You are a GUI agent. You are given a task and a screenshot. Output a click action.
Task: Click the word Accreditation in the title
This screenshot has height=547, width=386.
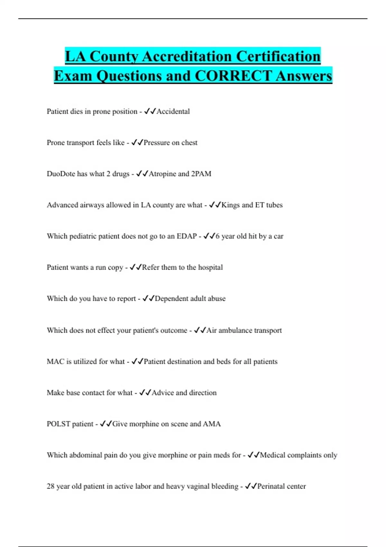[186, 56]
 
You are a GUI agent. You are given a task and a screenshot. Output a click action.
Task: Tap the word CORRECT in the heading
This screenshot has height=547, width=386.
[233, 76]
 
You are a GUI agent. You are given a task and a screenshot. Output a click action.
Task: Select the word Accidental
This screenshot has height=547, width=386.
[173, 111]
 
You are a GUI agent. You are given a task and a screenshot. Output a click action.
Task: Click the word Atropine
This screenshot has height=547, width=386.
[162, 174]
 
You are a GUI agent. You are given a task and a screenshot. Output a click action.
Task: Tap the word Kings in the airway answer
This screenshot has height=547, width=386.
[230, 205]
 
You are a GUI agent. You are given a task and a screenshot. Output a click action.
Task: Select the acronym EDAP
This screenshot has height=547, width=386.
[187, 236]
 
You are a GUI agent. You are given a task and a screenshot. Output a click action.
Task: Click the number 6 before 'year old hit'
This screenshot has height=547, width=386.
[217, 236]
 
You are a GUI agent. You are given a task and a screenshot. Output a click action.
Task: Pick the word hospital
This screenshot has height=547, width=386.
[210, 267]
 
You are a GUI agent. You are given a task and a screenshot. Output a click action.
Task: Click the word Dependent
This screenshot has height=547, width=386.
[171, 299]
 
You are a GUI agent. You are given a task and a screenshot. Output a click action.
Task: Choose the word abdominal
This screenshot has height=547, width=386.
[85, 455]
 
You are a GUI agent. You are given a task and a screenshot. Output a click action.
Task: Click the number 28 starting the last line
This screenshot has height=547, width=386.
[51, 487]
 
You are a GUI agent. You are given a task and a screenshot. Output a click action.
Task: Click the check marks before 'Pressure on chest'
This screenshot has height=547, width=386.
[137, 143]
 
